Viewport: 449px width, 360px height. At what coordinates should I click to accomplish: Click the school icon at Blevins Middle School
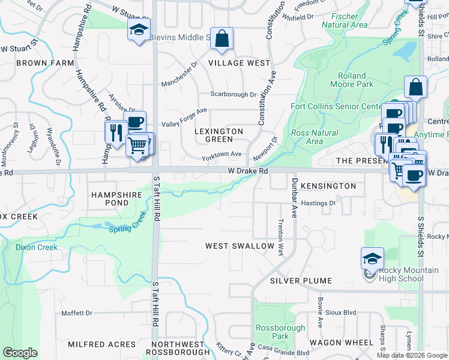[139, 29]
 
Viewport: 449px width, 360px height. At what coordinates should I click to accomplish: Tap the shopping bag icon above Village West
[221, 39]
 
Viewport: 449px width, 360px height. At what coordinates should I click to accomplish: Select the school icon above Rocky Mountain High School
[372, 259]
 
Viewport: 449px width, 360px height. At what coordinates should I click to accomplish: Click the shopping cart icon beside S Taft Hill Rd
[137, 145]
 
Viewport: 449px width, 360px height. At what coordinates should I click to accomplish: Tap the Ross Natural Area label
[314, 137]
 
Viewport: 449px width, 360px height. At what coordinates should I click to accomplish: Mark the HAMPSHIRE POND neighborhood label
[116, 199]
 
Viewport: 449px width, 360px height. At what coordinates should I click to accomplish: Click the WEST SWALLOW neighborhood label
[240, 246]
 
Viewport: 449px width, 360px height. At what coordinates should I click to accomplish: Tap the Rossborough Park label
[280, 332]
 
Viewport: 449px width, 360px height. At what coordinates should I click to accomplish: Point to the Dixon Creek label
[37, 247]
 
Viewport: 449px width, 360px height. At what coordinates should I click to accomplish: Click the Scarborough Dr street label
[233, 94]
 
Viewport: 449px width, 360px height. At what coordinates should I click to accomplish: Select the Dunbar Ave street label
[295, 198]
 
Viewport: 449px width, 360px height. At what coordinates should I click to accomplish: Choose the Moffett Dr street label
[77, 313]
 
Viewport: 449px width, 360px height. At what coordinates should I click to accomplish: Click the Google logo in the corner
[20, 352]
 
